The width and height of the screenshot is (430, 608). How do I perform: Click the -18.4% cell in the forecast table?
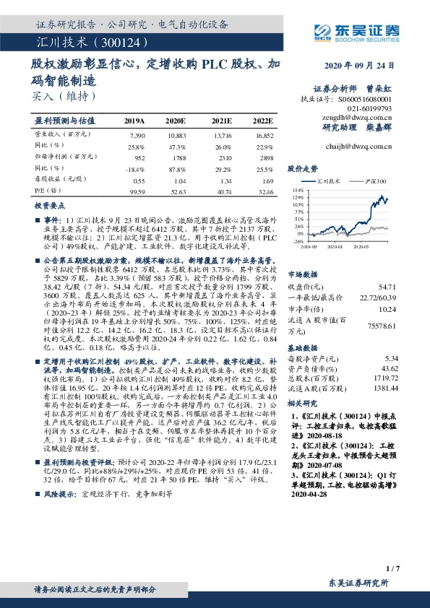click(136, 169)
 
